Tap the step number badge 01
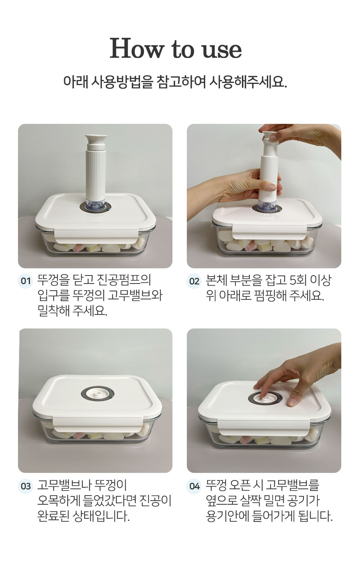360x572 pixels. pos(26,281)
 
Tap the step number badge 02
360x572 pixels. pos(194,281)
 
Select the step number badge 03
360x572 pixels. pos(26,486)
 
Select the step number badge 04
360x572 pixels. pos(194,486)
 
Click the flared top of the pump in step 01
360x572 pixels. pos(96,139)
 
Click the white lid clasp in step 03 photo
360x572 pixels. pos(98,424)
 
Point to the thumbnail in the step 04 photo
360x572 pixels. pos(293,402)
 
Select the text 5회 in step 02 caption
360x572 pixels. pos(298,280)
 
